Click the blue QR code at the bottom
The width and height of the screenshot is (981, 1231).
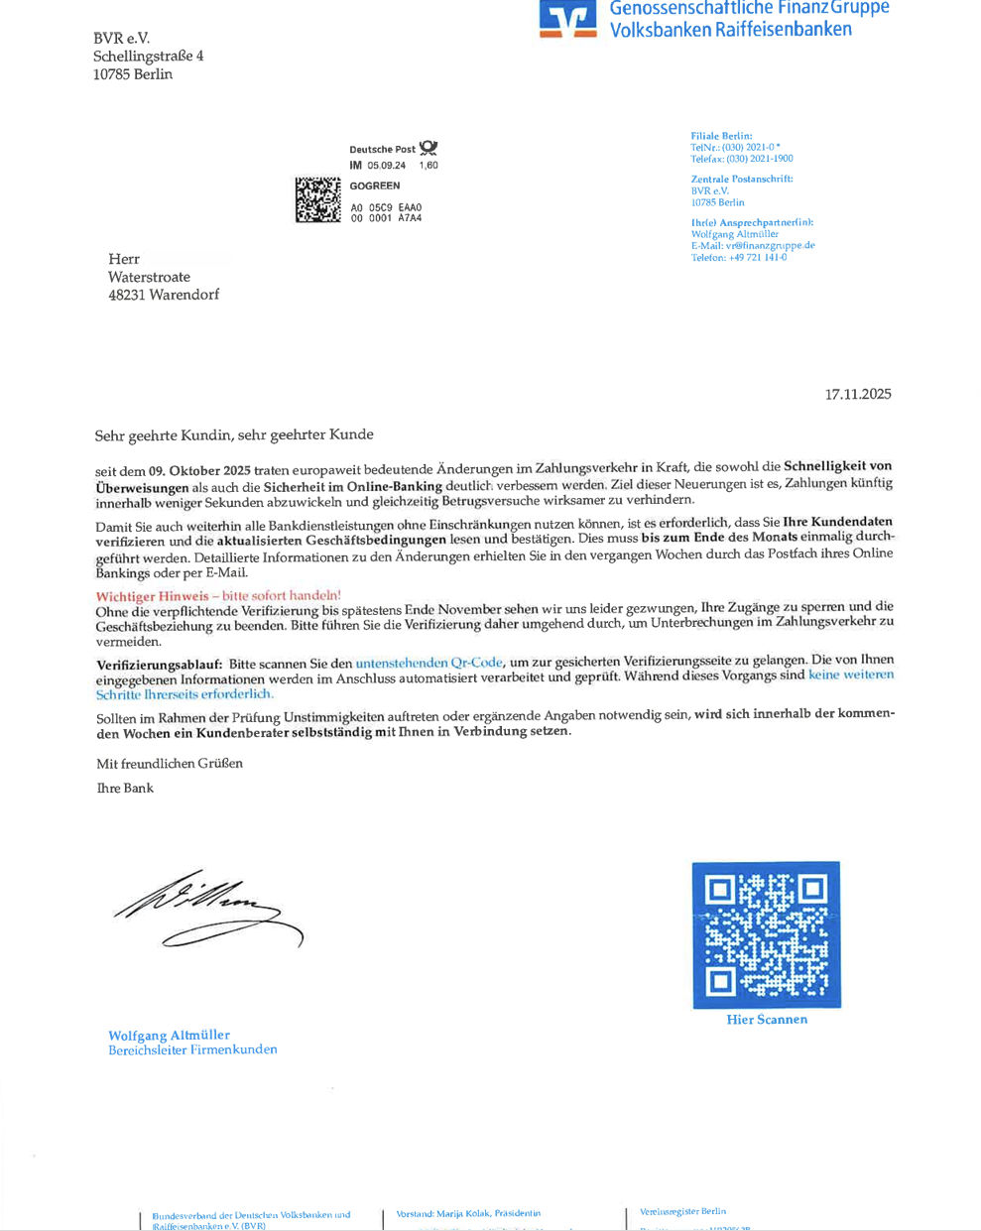[766, 934]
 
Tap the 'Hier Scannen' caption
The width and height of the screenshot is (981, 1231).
[767, 1020]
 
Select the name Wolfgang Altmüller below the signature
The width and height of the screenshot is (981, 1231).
[169, 1035]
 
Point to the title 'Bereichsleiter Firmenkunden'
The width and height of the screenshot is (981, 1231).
[192, 1049]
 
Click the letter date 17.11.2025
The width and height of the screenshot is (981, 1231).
[858, 394]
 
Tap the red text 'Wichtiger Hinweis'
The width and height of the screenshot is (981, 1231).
[152, 596]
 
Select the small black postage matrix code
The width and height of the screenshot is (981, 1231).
[317, 199]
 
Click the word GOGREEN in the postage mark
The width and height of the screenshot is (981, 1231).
[375, 185]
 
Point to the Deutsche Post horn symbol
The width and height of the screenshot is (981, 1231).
[429, 148]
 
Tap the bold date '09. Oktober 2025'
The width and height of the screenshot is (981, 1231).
[199, 468]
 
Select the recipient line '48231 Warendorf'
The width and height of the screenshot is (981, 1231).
[164, 295]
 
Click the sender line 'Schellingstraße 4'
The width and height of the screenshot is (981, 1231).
[148, 57]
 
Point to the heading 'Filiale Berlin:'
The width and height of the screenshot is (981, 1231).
[721, 136]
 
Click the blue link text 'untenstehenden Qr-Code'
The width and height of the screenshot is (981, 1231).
[429, 662]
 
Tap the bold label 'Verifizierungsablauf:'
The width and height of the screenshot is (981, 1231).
[159, 664]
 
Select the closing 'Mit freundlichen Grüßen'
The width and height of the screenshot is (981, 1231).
[170, 763]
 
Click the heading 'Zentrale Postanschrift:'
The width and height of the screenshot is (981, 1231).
[741, 180]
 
